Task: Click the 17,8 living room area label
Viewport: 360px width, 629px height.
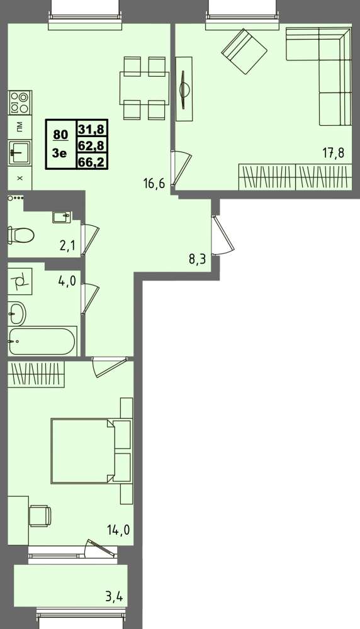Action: pos(334,153)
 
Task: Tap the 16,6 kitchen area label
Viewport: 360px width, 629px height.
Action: pos(154,184)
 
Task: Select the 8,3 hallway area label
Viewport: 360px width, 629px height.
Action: pos(198,259)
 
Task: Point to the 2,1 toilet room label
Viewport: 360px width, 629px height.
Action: pos(67,245)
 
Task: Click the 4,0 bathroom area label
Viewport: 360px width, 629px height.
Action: pos(67,281)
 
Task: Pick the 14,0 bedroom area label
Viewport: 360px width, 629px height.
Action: pos(118,530)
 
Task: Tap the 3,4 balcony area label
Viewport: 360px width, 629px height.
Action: pos(114,597)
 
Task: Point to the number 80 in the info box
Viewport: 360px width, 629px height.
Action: pos(60,135)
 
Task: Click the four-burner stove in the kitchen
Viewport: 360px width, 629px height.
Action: pos(20,103)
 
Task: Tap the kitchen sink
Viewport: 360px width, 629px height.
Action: pos(20,152)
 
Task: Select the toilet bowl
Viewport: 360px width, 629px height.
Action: pos(21,235)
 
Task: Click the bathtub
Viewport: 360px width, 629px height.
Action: pos(42,341)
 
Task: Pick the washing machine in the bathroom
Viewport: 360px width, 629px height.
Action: pos(20,281)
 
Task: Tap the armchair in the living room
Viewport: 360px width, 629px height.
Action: pos(244,51)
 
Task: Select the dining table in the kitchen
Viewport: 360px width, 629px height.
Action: pos(144,88)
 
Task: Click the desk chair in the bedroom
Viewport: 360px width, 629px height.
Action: pos(40,516)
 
